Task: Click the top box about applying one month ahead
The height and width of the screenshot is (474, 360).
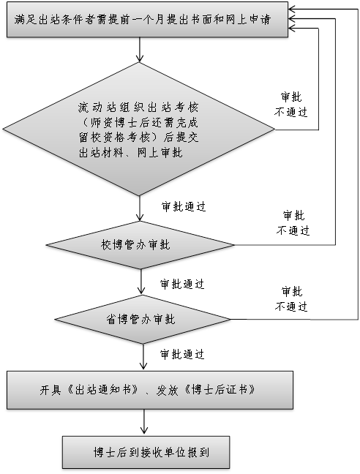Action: pyautogui.click(x=147, y=20)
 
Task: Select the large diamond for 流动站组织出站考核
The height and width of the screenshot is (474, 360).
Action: pyautogui.click(x=139, y=129)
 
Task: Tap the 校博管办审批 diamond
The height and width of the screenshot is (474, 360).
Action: pyautogui.click(x=140, y=245)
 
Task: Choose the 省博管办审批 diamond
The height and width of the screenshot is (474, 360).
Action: pyautogui.click(x=143, y=319)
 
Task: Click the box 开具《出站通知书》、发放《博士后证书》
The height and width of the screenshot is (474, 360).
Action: pyautogui.click(x=150, y=390)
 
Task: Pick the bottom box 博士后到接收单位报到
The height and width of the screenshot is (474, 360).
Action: pyautogui.click(x=146, y=452)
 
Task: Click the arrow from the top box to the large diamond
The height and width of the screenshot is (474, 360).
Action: pyautogui.click(x=139, y=50)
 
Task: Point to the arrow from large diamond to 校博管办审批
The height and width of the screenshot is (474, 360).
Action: pyautogui.click(x=140, y=208)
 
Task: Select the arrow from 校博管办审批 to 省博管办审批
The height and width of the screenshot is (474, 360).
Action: pyautogui.click(x=141, y=282)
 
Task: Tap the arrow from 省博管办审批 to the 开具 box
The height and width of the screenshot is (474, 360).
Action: pyautogui.click(x=143, y=357)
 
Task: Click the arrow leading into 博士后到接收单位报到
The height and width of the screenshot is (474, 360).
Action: pyautogui.click(x=144, y=422)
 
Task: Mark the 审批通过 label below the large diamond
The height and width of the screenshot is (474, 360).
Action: pyautogui.click(x=184, y=207)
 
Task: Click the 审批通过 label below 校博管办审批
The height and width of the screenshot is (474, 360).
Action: pyautogui.click(x=182, y=284)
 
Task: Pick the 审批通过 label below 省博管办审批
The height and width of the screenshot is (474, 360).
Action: pyautogui.click(x=182, y=354)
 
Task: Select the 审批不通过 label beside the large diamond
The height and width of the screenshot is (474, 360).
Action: pyautogui.click(x=290, y=105)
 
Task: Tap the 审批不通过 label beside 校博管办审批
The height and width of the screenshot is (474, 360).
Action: pyautogui.click(x=293, y=223)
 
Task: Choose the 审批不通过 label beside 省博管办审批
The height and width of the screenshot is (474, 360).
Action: pyautogui.click(x=291, y=299)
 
